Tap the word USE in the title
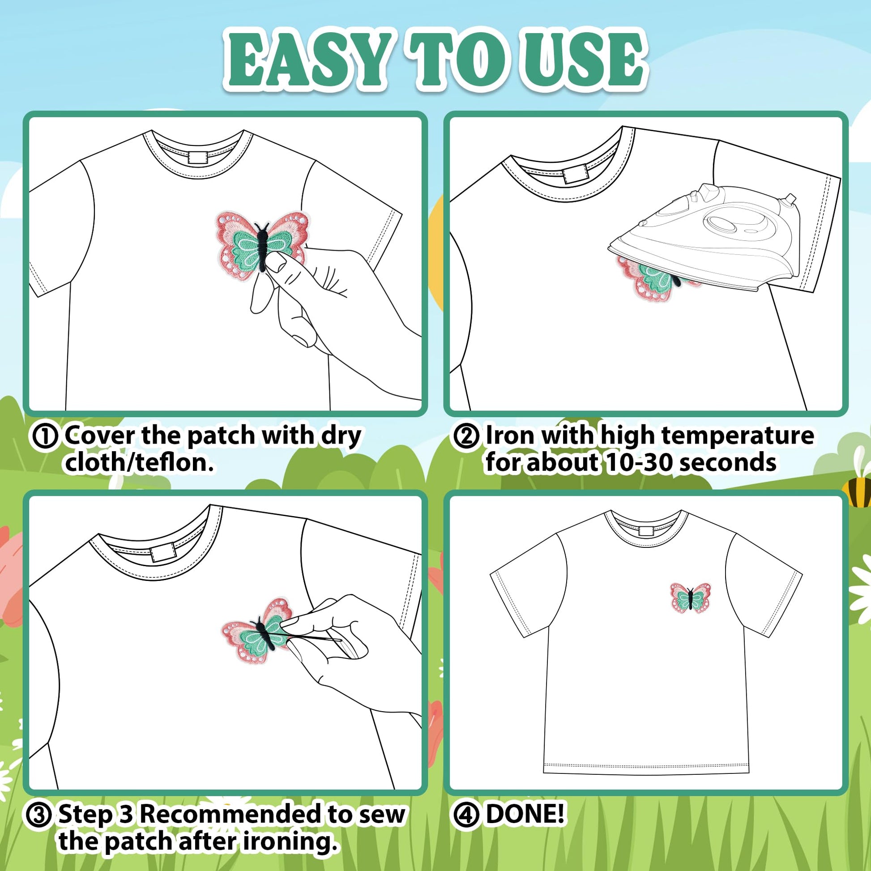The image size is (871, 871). coord(583,60)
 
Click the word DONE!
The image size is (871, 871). coord(525,814)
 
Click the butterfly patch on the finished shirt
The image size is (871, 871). coord(690,598)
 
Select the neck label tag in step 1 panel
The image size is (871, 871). coord(196,158)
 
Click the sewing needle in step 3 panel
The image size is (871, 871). coord(311,636)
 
